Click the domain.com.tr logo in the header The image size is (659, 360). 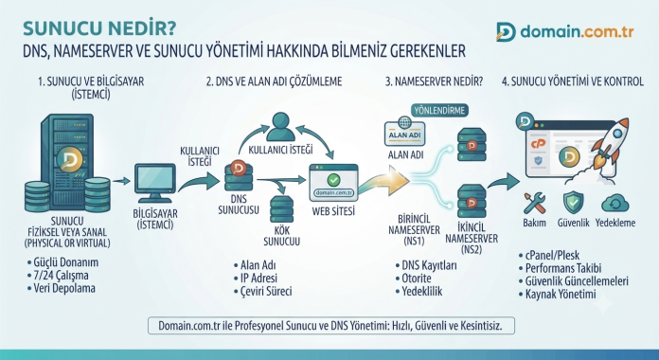pyautogui.click(x=564, y=32)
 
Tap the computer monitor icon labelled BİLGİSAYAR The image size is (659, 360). pyautogui.click(x=155, y=183)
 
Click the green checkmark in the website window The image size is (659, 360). pyautogui.click(x=333, y=180)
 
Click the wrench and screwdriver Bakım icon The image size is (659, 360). pyautogui.click(x=535, y=203)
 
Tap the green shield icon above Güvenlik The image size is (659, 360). pyautogui.click(x=573, y=203)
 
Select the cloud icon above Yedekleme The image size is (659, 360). pyautogui.click(x=614, y=203)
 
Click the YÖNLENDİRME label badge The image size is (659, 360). pyautogui.click(x=439, y=111)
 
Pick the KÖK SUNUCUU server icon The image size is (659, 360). pyautogui.click(x=281, y=208)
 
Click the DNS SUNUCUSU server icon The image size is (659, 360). pyautogui.click(x=239, y=176)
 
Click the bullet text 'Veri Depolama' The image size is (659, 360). pyautogui.click(x=64, y=289)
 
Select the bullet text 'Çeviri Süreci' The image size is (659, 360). pyautogui.click(x=266, y=292)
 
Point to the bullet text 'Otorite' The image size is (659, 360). pyautogui.click(x=417, y=279)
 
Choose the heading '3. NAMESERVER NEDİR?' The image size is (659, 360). pyautogui.click(x=435, y=81)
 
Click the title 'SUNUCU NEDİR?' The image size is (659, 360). pyautogui.click(x=99, y=28)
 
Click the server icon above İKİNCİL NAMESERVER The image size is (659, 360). pyautogui.click(x=472, y=201)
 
